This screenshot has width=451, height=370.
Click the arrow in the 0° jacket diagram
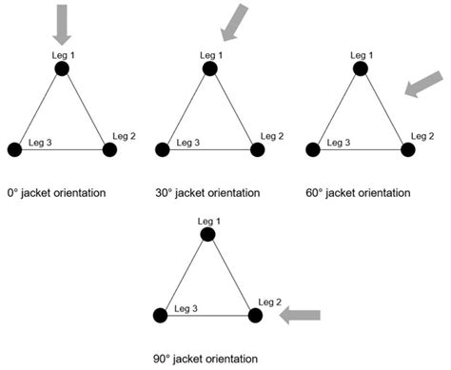tap(63, 24)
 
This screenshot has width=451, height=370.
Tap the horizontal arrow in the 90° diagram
tap(298, 315)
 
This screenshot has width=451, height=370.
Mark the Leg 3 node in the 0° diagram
tap(14, 149)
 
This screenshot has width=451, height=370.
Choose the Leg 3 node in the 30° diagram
tap(161, 149)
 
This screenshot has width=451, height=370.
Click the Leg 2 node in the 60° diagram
tap(407, 149)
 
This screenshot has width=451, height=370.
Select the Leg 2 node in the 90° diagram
tap(255, 314)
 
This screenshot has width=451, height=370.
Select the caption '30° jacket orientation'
tap(207, 192)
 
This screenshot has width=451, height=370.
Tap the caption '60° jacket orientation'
tap(359, 192)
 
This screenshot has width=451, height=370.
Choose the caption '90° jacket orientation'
tap(206, 359)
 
